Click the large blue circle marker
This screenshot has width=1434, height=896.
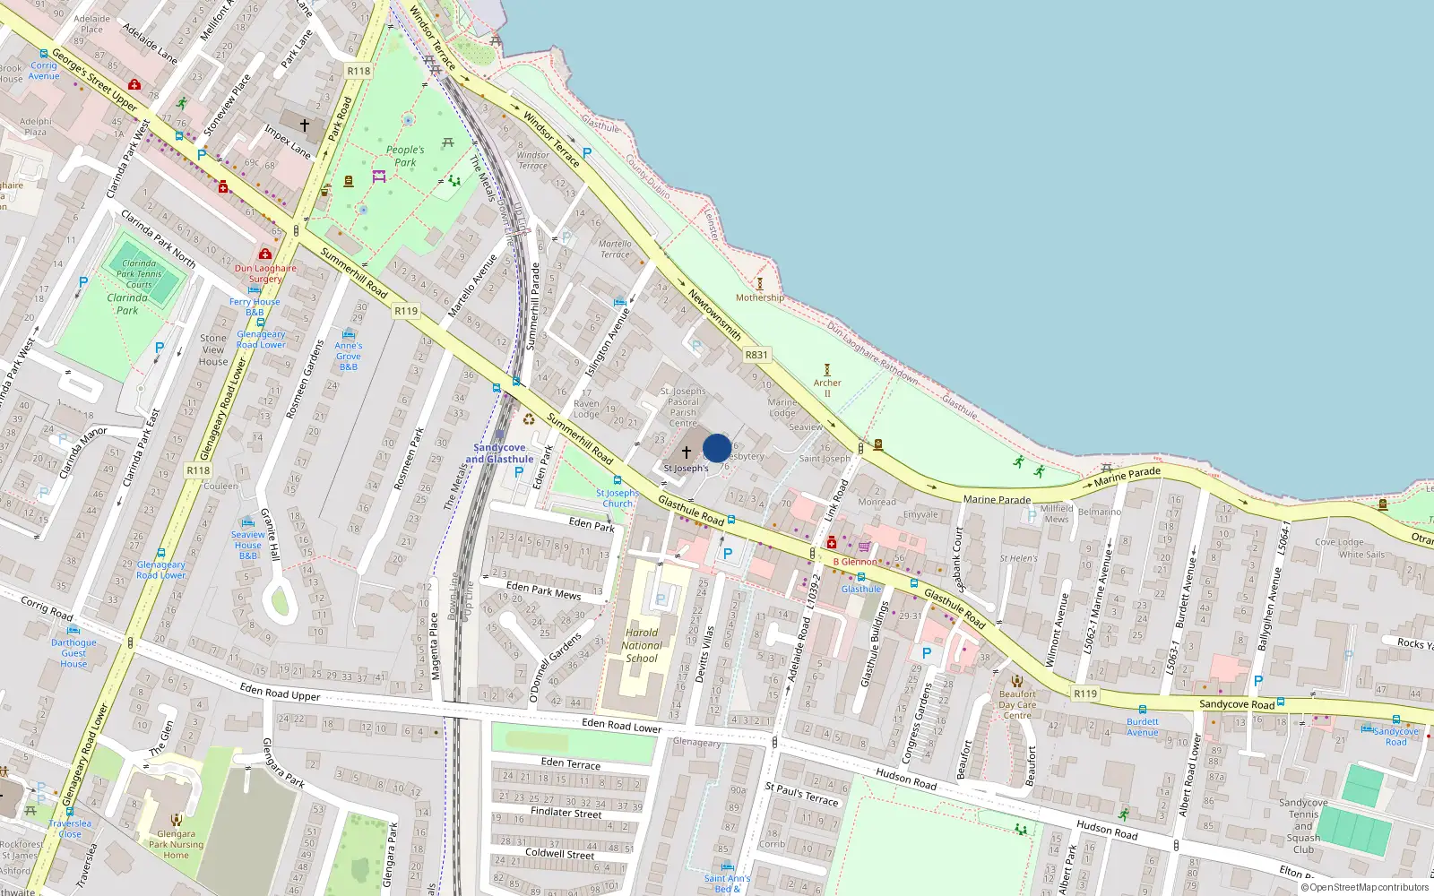717,448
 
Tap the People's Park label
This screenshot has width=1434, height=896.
405,156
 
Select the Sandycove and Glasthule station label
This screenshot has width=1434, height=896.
499,453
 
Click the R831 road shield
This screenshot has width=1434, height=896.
756,355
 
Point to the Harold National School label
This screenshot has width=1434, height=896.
642,645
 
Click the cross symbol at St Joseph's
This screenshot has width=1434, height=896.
687,452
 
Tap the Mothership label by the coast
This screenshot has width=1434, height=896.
759,297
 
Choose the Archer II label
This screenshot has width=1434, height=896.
827,388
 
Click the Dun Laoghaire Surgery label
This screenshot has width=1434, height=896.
265,273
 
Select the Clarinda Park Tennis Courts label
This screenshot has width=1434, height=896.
139,274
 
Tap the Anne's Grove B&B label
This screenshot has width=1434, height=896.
349,356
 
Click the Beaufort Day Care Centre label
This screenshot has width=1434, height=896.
1017,704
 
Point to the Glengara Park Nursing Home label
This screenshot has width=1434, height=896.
176,844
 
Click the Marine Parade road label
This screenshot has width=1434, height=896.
997,499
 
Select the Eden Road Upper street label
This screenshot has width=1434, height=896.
280,691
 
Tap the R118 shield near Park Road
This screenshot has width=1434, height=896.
358,71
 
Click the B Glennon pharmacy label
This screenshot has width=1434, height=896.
855,562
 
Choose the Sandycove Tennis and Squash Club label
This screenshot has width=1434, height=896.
1303,826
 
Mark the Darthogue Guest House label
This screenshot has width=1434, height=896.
73,653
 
